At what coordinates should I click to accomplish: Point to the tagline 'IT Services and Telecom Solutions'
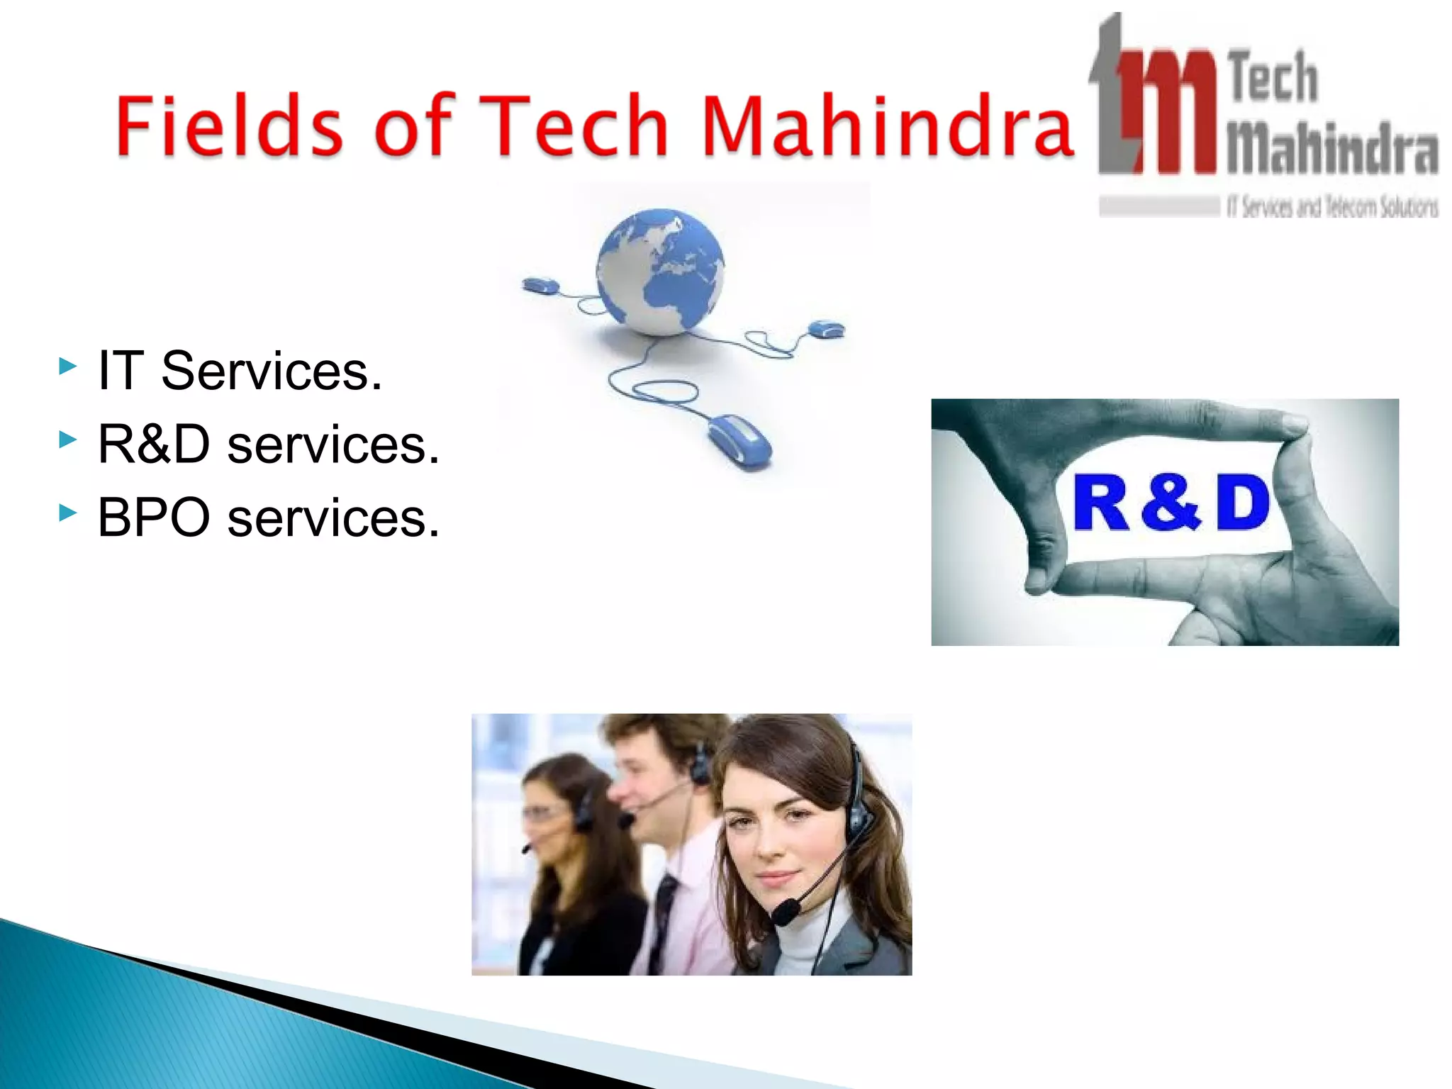[x=1332, y=207]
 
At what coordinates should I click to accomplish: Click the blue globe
[x=660, y=272]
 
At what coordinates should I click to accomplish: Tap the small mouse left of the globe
[x=540, y=286]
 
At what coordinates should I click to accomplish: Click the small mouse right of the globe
[x=827, y=329]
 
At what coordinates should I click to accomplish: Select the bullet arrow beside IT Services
[x=68, y=366]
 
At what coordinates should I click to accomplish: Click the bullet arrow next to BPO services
[x=68, y=512]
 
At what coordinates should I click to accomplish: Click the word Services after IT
[x=272, y=371]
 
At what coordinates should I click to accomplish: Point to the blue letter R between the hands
[x=1100, y=503]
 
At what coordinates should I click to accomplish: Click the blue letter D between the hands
[x=1243, y=503]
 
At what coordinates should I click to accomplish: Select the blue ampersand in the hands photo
[x=1171, y=503]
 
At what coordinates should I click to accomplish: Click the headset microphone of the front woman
[x=786, y=912]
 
